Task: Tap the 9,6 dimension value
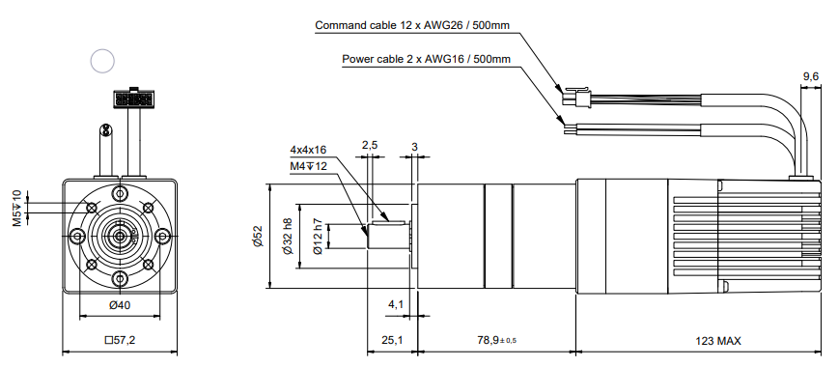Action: tap(811, 77)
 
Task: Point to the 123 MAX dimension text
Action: tap(718, 341)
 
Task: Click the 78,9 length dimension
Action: tap(496, 340)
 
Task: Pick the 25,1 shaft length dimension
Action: tap(392, 341)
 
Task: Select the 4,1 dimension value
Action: tap(396, 304)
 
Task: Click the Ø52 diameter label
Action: tap(258, 236)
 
